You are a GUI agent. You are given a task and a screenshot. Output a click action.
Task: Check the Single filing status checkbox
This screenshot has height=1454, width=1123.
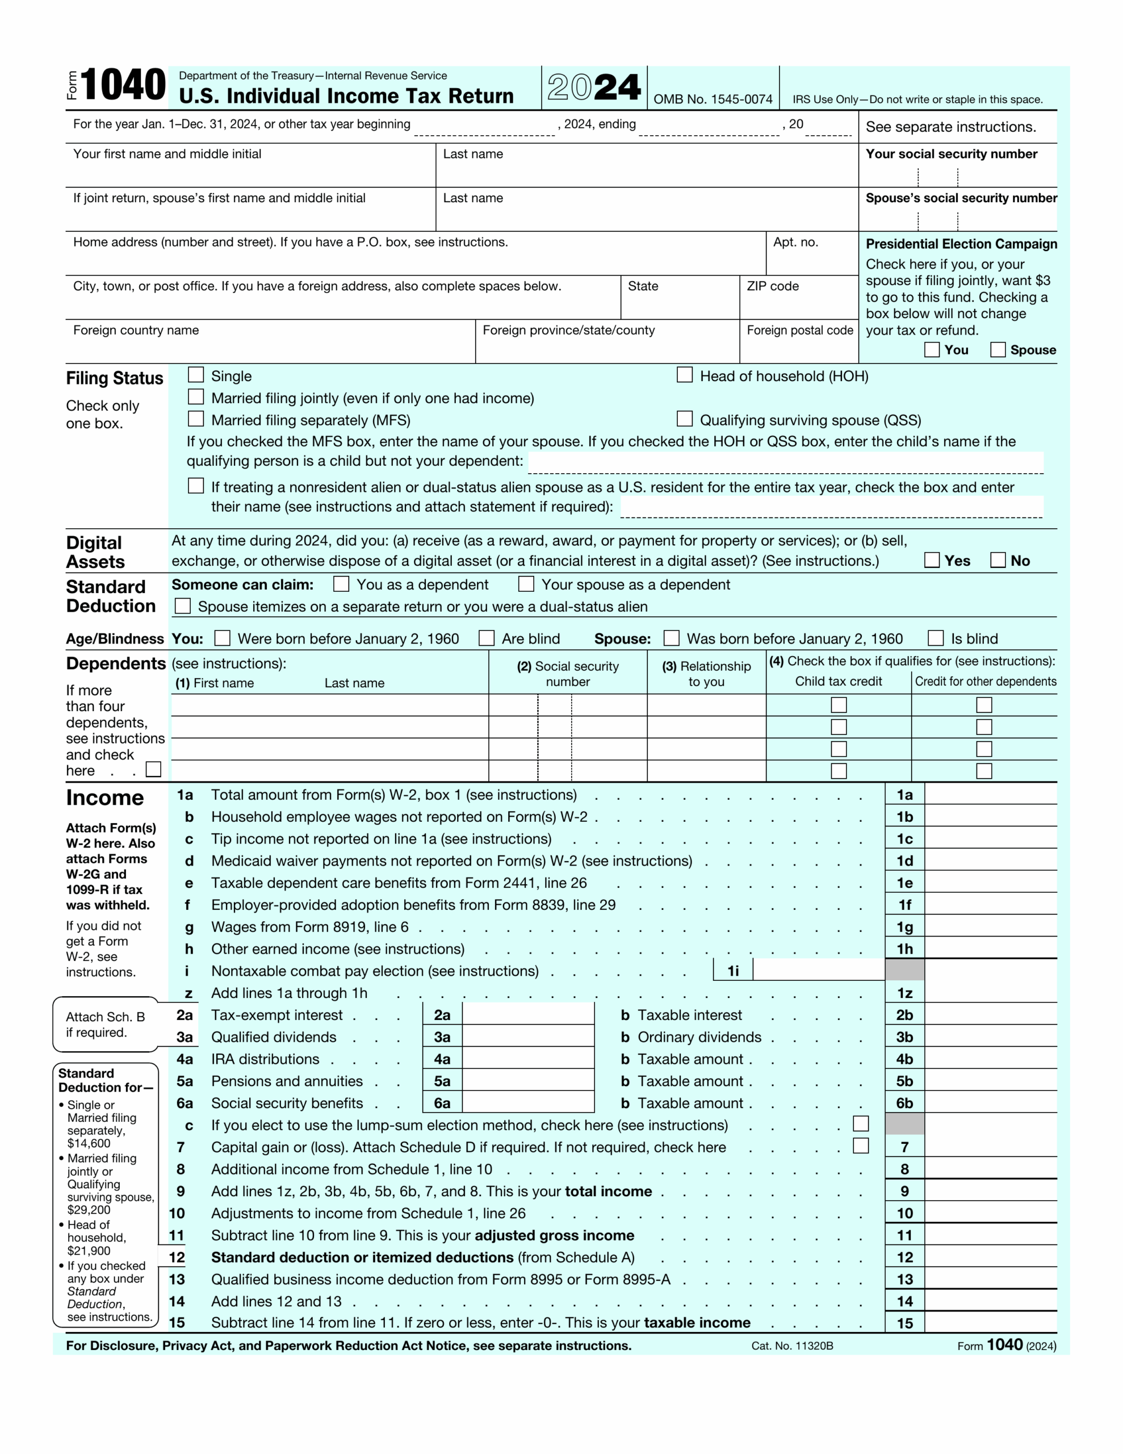point(196,375)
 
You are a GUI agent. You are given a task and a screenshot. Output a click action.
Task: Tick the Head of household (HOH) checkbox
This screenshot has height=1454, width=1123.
point(684,375)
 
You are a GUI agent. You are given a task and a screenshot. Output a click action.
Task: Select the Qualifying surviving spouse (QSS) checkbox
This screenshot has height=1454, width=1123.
point(684,419)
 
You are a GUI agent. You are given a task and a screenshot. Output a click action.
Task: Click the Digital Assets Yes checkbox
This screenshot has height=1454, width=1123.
point(932,560)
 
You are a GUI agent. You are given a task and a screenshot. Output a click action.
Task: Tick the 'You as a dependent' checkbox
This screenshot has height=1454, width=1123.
point(341,584)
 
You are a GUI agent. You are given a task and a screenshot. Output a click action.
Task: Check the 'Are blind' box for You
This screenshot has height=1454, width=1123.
point(487,638)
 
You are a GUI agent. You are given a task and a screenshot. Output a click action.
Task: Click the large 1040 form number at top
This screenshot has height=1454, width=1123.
point(123,85)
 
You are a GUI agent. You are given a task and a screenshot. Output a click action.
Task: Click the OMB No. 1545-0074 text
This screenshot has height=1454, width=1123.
point(713,99)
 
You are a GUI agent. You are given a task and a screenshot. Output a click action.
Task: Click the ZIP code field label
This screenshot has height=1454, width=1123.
point(772,286)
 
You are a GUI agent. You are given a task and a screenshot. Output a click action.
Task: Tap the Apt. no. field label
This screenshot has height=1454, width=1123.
point(795,243)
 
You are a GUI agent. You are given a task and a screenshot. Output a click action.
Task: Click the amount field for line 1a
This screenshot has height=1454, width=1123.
point(990,794)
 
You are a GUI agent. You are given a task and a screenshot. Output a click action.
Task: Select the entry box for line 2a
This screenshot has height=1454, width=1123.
point(527,1014)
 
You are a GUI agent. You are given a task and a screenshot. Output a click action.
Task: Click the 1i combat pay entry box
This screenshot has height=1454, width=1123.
point(818,970)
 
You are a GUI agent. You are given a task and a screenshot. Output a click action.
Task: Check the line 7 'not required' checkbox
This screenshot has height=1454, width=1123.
point(861,1146)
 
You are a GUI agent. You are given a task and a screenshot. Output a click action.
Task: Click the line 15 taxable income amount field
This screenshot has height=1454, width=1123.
point(990,1322)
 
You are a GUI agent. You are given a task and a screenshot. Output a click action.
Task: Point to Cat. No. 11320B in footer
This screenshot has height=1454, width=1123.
point(792,1346)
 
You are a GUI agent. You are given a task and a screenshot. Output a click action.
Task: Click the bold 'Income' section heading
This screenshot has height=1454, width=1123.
point(104,797)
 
